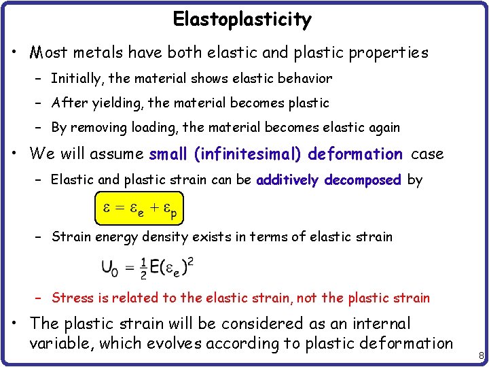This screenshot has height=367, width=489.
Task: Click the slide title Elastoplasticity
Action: click(242, 19)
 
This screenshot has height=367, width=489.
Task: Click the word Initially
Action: click(74, 79)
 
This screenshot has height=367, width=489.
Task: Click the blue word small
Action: click(169, 154)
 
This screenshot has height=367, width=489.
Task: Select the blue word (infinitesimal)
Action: click(249, 154)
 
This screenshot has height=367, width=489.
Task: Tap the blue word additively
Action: click(288, 180)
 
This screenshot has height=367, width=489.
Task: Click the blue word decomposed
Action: click(363, 180)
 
